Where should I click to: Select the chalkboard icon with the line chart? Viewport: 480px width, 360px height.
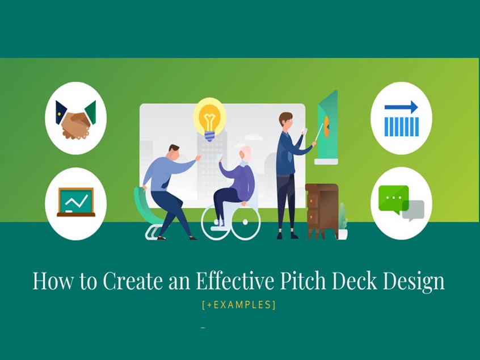76,202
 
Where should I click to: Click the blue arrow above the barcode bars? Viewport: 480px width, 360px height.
401,107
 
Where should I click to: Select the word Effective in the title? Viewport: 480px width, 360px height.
234,281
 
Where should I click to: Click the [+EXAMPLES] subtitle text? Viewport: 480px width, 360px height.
239,305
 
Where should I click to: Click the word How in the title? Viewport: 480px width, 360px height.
53,281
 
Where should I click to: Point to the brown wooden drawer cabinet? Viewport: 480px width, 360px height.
322,211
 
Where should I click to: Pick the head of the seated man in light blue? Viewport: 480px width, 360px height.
174,152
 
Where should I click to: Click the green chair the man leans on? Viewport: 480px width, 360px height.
147,211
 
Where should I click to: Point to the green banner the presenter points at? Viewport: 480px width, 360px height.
327,127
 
